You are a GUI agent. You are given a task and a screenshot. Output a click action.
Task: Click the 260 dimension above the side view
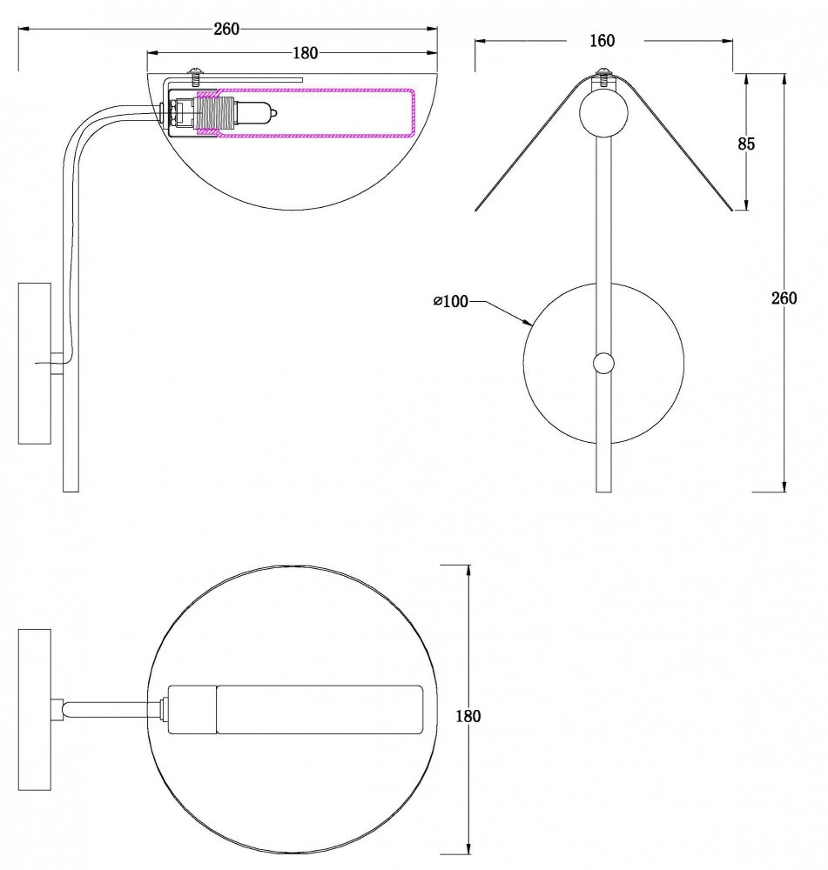(x=226, y=29)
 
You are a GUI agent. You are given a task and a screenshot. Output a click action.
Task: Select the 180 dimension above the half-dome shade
(x=305, y=53)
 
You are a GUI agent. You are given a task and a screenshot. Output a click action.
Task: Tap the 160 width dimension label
(x=602, y=41)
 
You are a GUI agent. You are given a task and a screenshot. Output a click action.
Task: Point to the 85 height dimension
(x=746, y=144)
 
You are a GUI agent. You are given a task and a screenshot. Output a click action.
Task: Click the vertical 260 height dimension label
(x=784, y=298)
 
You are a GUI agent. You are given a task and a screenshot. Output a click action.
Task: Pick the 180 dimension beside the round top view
(x=468, y=716)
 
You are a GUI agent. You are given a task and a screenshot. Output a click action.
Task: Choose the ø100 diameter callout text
(x=450, y=301)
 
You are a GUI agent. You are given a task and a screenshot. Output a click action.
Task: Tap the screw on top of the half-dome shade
(x=195, y=77)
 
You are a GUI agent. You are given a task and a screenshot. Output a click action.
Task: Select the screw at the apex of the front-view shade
(x=603, y=77)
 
